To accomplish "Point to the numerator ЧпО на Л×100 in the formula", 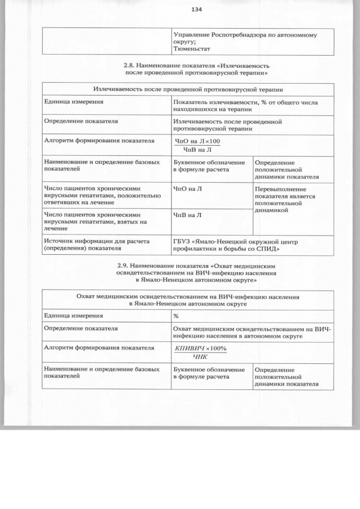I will click(197, 141).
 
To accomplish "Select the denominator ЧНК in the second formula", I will click(200, 356).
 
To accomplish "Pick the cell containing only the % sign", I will click(176, 316).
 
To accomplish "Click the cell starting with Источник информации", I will click(96, 245).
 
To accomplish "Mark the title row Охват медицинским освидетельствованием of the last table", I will click(187, 299).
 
